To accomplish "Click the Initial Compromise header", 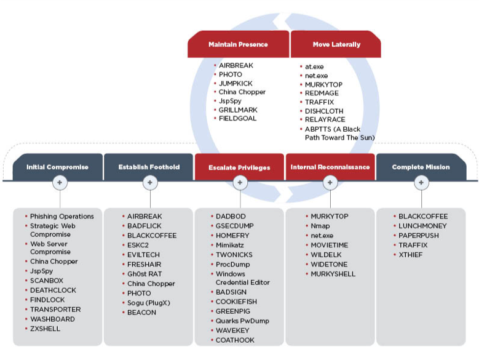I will [x=57, y=167].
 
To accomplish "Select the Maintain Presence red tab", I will [x=238, y=44].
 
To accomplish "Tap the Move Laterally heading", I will [x=336, y=44].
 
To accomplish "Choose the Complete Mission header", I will [x=421, y=167].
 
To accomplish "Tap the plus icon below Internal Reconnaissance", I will [x=330, y=183].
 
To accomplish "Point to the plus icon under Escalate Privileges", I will [x=240, y=183].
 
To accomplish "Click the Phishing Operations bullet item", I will [x=61, y=217].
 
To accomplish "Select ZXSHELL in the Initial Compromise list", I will [x=45, y=329].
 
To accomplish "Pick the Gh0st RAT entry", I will [x=144, y=274].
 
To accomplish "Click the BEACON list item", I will [x=141, y=312].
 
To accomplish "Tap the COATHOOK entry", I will [x=235, y=340].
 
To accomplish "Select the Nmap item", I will [x=320, y=226].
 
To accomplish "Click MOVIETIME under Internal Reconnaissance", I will [x=329, y=245].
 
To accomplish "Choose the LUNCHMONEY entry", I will [x=422, y=226].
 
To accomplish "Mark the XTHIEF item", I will [x=410, y=255].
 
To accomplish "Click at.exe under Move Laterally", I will [x=314, y=66].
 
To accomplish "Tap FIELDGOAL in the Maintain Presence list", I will [x=237, y=118].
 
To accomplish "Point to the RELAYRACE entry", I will [x=325, y=119].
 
